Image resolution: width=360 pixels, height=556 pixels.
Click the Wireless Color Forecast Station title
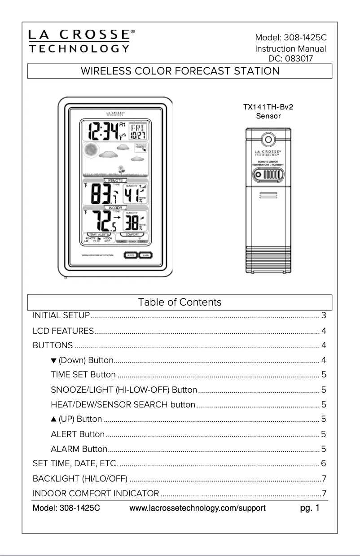(180, 71)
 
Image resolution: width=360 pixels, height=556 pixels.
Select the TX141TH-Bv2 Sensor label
(268, 111)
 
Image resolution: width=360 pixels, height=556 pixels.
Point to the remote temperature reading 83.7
(101, 194)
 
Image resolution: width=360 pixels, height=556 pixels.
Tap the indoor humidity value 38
(132, 222)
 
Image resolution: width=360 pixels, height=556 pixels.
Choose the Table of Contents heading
(180, 302)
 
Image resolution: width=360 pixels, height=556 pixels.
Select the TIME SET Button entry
(83, 375)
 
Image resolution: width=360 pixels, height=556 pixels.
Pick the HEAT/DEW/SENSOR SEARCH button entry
(123, 405)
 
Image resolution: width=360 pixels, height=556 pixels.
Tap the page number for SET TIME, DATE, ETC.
(323, 463)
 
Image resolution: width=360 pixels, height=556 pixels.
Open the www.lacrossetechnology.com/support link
(198, 508)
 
